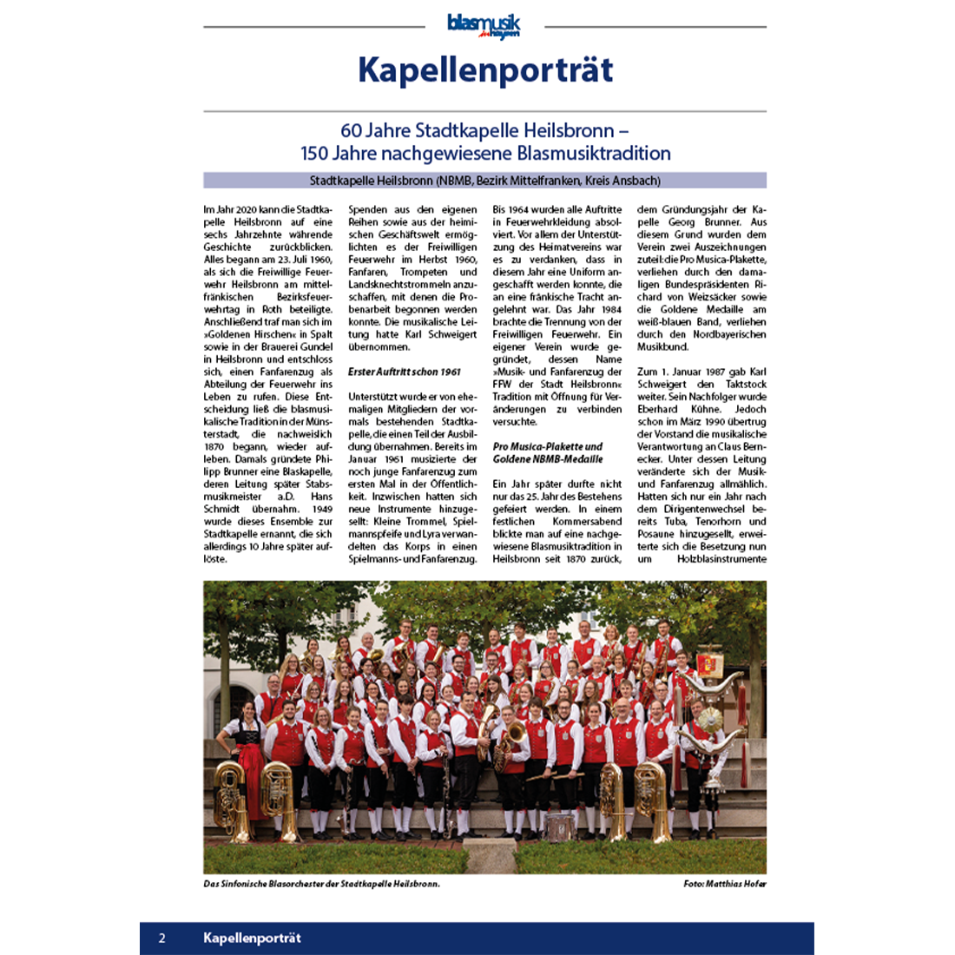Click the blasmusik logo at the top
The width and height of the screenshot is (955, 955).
(484, 26)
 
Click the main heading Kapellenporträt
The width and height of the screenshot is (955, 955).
(485, 70)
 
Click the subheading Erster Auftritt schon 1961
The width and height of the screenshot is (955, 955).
(405, 372)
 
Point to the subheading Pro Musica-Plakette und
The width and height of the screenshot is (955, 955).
(548, 446)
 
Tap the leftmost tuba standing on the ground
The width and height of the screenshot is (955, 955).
(230, 799)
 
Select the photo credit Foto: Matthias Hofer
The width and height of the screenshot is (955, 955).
(724, 884)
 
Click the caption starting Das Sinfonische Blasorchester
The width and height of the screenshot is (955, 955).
(322, 884)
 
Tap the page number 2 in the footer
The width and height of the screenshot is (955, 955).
(161, 938)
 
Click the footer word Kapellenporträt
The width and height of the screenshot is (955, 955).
(252, 938)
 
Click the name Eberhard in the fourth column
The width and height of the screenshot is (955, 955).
(657, 409)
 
